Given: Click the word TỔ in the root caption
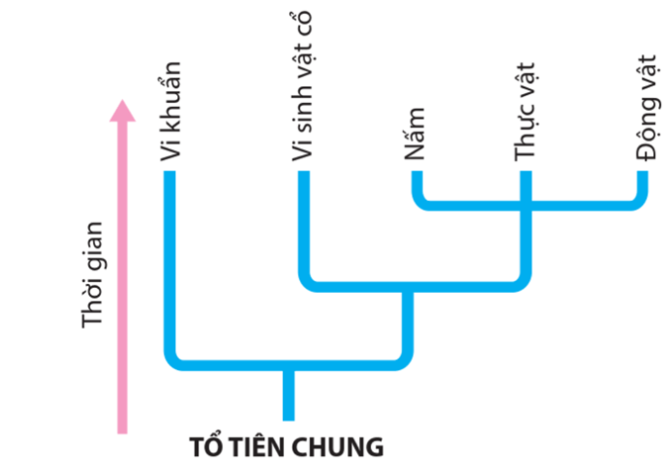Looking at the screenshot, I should (206, 447).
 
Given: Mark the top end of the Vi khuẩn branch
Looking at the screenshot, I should (170, 177).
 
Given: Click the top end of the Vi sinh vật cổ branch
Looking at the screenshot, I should (304, 177).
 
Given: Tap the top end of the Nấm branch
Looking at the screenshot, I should (417, 177).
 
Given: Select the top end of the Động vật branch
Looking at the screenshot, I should (643, 177).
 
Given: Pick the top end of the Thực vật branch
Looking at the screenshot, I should (526, 177).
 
